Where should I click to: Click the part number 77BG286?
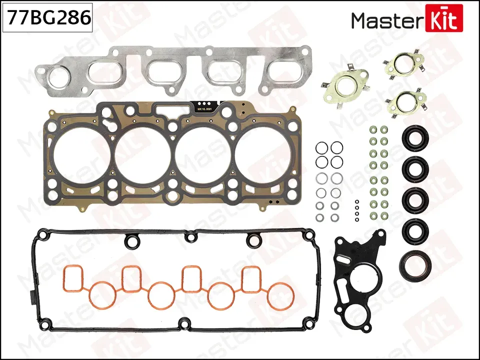[48, 18]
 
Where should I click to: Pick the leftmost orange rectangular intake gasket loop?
[73, 277]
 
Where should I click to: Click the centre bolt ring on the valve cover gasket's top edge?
[189, 236]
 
